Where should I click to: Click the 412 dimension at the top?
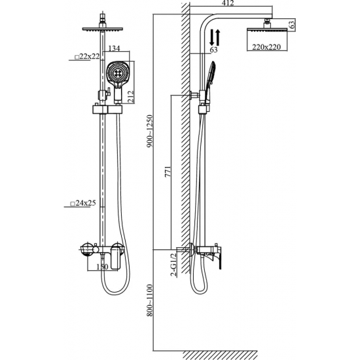point(228,3)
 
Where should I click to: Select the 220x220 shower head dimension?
point(266,47)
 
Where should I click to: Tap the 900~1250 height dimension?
point(150,131)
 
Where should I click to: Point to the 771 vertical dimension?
point(168,171)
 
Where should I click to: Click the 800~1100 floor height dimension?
point(150,300)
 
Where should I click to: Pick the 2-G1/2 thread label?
point(174,264)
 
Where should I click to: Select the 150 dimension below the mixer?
point(102,267)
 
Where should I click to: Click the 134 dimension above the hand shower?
point(114,48)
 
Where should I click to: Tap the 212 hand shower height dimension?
point(130,97)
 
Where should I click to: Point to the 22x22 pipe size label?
point(88,56)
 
